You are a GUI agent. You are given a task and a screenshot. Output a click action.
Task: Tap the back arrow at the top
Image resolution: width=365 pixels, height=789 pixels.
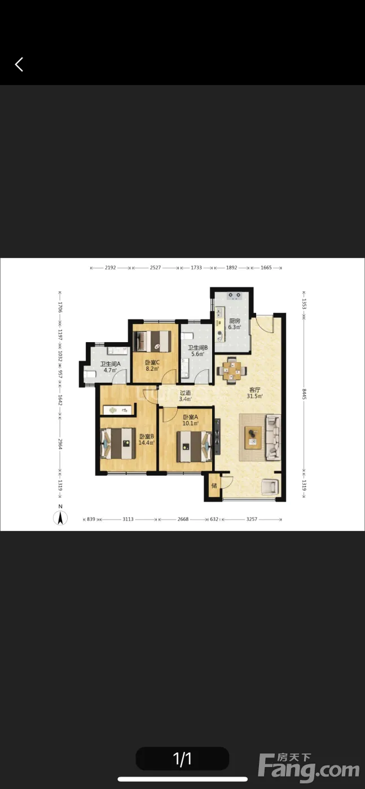[x=19, y=64]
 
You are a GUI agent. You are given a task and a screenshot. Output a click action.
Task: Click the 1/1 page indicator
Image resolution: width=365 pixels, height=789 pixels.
[x=182, y=759]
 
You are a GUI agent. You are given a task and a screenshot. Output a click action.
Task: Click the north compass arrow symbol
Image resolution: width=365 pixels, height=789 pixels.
[x=60, y=517]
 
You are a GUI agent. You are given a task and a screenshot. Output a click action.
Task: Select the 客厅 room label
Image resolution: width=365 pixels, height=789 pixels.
[x=254, y=389]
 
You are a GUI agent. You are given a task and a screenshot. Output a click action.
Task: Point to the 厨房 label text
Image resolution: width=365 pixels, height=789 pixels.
[x=235, y=321]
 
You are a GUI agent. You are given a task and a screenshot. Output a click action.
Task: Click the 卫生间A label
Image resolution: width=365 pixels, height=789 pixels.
[x=111, y=364]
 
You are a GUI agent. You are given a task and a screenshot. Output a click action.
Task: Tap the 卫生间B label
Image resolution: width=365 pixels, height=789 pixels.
[x=197, y=348]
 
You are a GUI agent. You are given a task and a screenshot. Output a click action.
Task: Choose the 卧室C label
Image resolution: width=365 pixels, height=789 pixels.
[x=152, y=362]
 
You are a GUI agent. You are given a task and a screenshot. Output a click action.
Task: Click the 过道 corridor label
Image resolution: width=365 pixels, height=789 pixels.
[x=186, y=393]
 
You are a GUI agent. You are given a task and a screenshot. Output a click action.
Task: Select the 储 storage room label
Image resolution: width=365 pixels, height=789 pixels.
[x=214, y=485]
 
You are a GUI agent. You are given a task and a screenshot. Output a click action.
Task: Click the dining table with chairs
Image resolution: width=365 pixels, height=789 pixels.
[x=232, y=370]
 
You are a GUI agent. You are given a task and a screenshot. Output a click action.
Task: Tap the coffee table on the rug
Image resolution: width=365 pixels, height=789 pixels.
[x=253, y=437]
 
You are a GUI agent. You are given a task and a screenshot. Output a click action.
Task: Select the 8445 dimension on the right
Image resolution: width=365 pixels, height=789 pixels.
[x=304, y=394]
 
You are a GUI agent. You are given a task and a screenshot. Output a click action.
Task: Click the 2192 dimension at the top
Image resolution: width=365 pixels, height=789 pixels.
[x=111, y=268]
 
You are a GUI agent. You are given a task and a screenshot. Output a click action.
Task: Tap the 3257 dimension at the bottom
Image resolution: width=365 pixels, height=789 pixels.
[x=252, y=519]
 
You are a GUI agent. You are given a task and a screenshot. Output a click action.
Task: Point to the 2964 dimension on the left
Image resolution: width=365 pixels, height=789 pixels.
[x=60, y=444]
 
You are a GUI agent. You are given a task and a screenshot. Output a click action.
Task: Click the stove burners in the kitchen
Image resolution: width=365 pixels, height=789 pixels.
[x=234, y=295]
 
